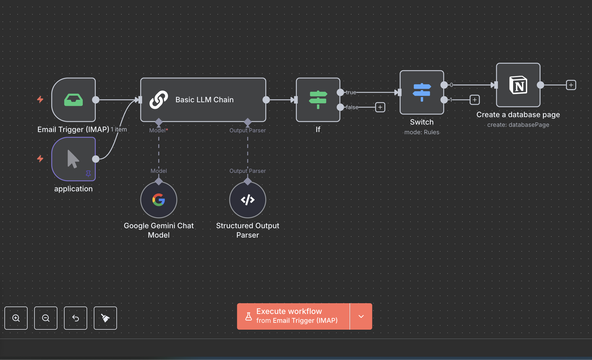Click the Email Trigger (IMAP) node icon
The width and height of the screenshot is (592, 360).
(x=73, y=100)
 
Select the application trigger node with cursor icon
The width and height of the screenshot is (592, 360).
(x=73, y=159)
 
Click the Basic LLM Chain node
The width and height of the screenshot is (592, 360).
(x=203, y=100)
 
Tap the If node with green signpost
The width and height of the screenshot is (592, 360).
(x=318, y=100)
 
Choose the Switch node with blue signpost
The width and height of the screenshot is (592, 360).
(x=422, y=92)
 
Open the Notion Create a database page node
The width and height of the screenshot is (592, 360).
(x=518, y=85)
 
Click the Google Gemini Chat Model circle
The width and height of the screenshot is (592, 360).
(x=159, y=200)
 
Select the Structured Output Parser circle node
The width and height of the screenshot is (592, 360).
(x=248, y=200)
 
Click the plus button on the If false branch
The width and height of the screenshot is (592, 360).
(x=380, y=107)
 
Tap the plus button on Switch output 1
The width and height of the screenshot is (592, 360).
(x=474, y=100)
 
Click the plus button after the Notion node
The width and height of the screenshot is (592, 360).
(x=571, y=85)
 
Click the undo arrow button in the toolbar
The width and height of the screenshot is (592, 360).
(x=76, y=318)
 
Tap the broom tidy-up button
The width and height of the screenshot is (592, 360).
(x=105, y=318)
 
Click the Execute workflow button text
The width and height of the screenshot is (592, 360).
(x=289, y=311)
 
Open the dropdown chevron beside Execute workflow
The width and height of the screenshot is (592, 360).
(x=361, y=316)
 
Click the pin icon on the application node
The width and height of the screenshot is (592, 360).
(x=88, y=173)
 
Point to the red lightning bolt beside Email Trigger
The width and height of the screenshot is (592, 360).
(x=40, y=99)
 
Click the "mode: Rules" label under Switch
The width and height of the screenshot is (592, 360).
(x=422, y=132)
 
